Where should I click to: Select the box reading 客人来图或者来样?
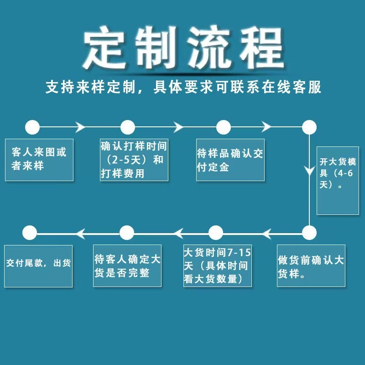click(39, 159)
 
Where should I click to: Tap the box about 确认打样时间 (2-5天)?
click(134, 159)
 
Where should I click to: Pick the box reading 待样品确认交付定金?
click(230, 159)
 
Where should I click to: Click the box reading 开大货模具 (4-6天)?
click(337, 180)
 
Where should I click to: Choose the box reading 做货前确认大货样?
click(311, 266)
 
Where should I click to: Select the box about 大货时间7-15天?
click(217, 266)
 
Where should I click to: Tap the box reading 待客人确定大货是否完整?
click(127, 266)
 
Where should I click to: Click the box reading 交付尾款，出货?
click(38, 266)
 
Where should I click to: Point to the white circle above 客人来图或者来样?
click(32, 127)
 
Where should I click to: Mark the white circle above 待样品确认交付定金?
click(223, 127)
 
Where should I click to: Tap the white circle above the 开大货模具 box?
click(309, 127)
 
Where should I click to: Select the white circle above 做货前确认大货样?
click(309, 233)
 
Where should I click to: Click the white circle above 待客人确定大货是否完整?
click(126, 233)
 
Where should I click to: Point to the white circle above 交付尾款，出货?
click(30, 233)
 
